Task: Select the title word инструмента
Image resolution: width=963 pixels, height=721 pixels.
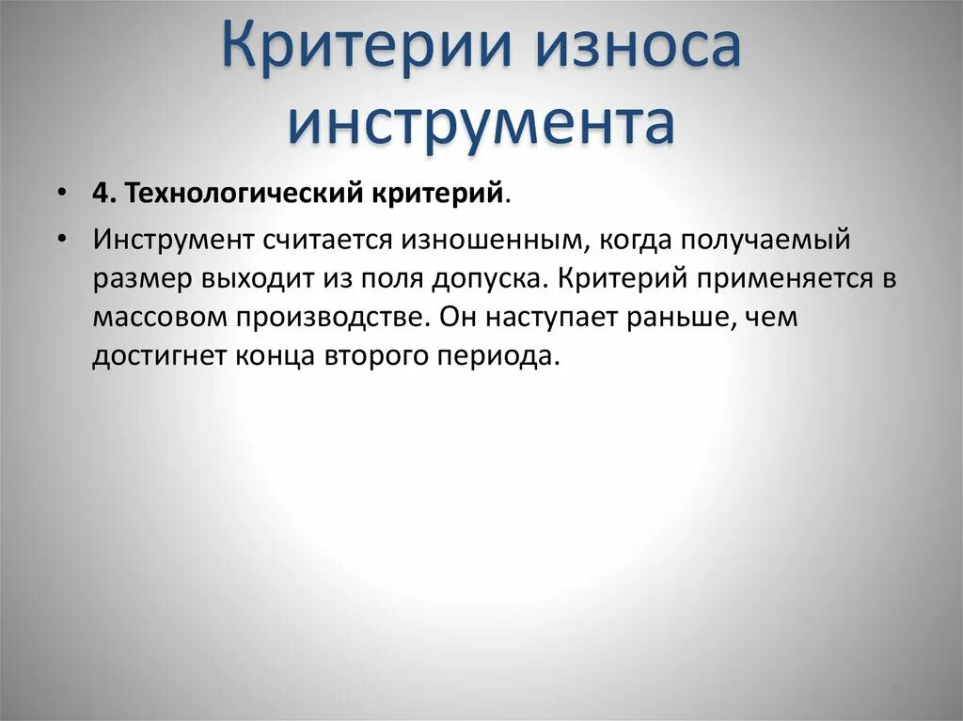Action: coord(481,123)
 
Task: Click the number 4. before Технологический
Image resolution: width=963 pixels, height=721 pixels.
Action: coord(103,194)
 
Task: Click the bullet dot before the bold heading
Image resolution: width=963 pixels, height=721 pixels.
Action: coord(61,193)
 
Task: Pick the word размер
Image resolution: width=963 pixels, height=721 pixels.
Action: coord(142,280)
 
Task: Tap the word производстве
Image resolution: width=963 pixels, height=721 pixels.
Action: coord(339,319)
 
